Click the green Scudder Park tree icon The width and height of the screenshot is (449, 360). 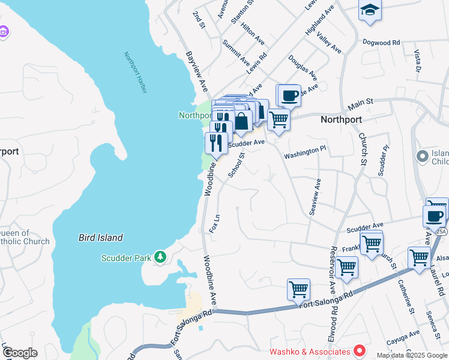click(160, 257)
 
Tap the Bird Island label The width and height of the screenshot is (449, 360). click(101, 238)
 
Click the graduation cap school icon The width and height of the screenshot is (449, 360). click(370, 10)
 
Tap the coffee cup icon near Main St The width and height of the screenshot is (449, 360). click(289, 95)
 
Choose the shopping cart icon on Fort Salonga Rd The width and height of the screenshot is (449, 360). click(298, 289)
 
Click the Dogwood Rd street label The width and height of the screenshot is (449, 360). click(381, 43)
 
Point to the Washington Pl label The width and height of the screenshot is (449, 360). click(304, 155)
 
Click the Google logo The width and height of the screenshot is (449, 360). click(20, 353)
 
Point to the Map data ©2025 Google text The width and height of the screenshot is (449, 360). click(412, 355)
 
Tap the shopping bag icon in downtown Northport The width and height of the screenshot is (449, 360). click(242, 121)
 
